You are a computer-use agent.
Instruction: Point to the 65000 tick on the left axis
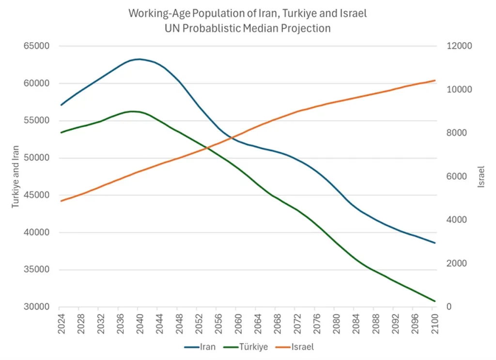click(x=38, y=47)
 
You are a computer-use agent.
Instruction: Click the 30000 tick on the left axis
click(x=38, y=307)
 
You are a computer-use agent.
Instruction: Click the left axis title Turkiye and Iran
click(x=16, y=177)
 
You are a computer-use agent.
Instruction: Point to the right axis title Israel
click(x=481, y=177)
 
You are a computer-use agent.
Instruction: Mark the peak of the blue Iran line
click(x=139, y=59)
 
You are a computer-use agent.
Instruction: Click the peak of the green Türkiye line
click(x=132, y=111)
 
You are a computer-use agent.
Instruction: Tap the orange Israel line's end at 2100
click(x=435, y=80)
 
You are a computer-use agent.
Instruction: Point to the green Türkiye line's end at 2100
click(x=435, y=301)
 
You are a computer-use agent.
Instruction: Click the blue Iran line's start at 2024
click(x=60, y=105)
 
